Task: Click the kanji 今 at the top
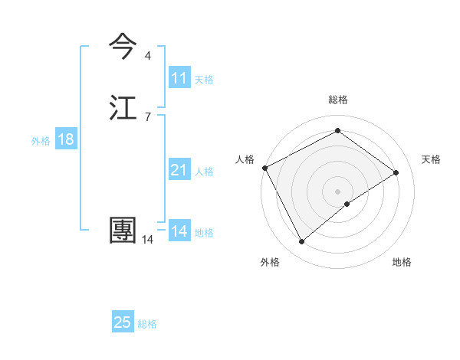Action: click(124, 47)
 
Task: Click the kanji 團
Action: click(123, 231)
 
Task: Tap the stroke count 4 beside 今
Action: click(147, 55)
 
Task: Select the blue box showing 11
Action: click(179, 78)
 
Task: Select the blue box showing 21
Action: click(179, 170)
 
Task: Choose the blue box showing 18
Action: click(65, 139)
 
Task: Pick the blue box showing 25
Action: click(123, 322)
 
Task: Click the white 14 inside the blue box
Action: click(179, 231)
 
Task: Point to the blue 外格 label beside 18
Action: click(41, 141)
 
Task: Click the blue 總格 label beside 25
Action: click(147, 324)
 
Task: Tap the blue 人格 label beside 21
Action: click(204, 172)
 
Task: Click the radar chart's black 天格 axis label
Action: click(431, 159)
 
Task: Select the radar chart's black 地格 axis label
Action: click(402, 262)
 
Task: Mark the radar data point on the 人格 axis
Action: click(264, 168)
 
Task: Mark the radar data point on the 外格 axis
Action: click(301, 242)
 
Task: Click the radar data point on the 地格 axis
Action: click(347, 204)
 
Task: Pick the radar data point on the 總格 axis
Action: click(337, 132)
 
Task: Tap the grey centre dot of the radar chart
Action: click(337, 191)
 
